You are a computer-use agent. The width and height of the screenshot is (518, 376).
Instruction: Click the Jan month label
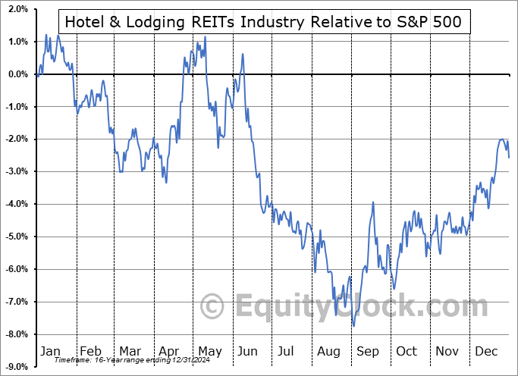coord(50,351)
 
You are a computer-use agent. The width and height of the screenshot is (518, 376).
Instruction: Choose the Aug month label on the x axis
coord(328,351)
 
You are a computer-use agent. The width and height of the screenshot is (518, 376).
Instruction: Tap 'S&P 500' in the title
coord(429,22)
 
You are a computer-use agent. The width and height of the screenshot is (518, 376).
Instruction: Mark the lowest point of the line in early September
coord(353,326)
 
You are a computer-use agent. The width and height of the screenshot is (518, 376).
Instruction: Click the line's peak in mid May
coord(205,36)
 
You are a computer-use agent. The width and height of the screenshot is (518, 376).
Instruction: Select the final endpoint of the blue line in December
coord(508,157)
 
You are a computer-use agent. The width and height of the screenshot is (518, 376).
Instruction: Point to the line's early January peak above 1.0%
coord(46,34)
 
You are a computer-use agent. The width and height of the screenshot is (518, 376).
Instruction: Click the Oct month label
coord(407,351)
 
